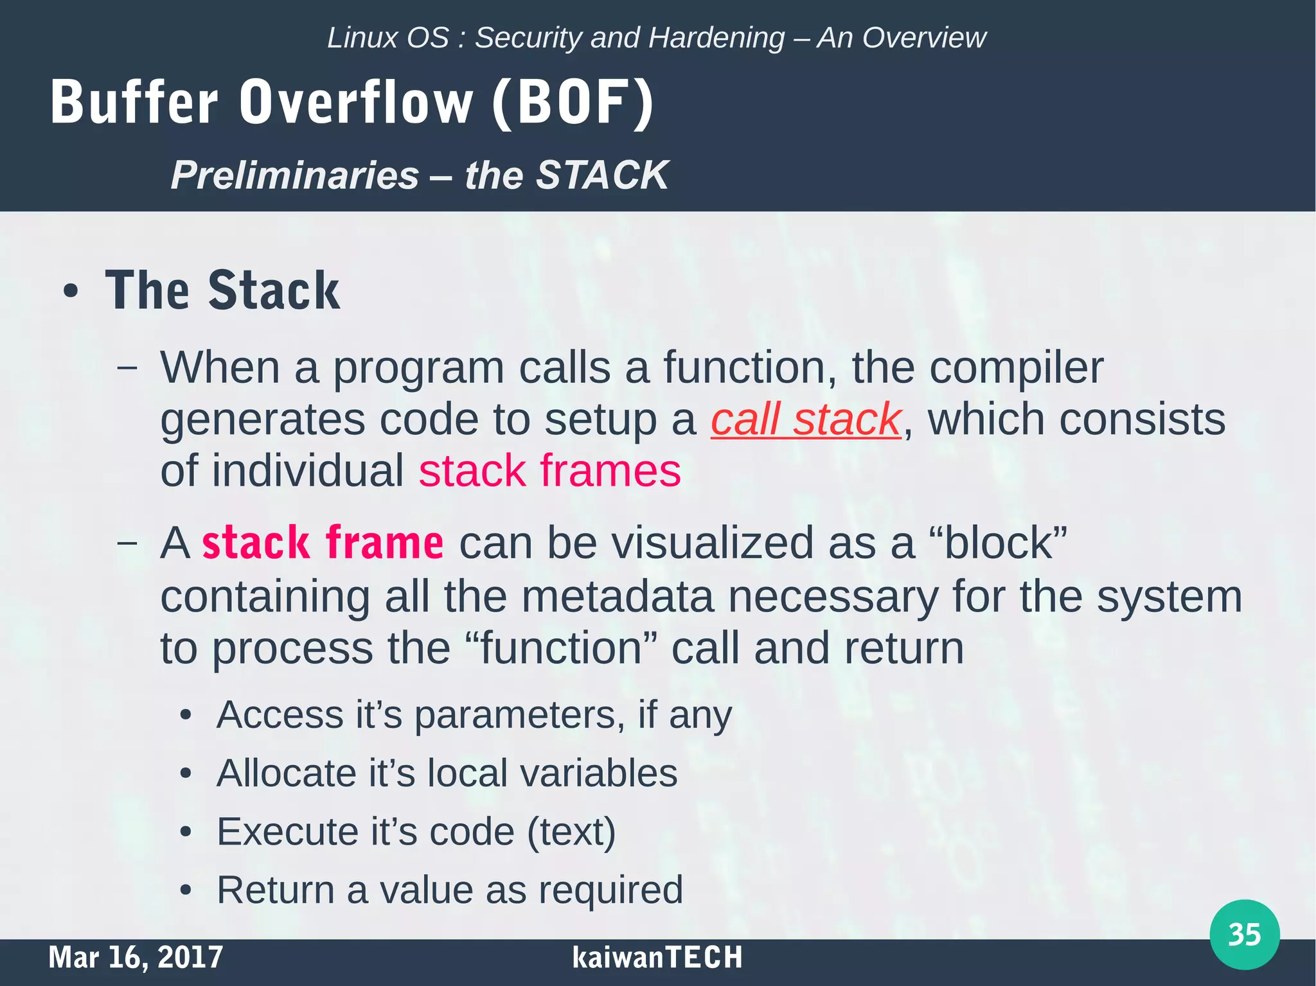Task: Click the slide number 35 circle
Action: pos(1244,935)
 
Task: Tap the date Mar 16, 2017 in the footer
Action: pos(136,957)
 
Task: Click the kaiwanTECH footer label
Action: pos(657,957)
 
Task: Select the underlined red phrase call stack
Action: pos(806,419)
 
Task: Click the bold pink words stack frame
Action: pos(323,543)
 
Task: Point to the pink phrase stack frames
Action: pos(549,471)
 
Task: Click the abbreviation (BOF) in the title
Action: pos(573,103)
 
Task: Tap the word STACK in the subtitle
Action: pos(602,175)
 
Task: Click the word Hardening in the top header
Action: pos(716,38)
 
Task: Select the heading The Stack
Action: pos(222,290)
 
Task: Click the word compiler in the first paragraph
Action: pos(1016,368)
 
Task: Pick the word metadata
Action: pos(617,596)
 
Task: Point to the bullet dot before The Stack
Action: pos(71,292)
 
